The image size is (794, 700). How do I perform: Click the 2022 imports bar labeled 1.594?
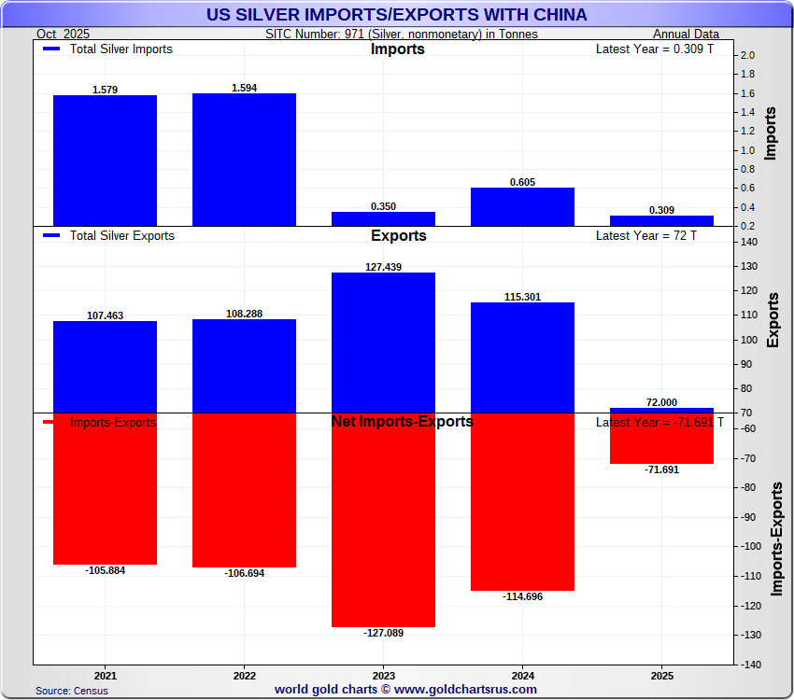244,159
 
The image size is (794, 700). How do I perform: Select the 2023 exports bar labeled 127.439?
383,342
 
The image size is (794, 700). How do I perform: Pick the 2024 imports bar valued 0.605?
522,206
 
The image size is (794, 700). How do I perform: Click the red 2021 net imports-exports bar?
105,488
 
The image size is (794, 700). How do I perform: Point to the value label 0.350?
384,205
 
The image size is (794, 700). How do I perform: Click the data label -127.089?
383,633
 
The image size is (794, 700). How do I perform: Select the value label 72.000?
661,402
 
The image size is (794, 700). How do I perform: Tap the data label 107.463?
106,315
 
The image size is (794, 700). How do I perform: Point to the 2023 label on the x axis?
383,675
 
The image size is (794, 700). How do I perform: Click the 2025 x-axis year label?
661,675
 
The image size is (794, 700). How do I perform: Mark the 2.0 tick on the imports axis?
747,56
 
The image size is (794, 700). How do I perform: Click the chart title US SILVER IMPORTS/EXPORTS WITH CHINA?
396,15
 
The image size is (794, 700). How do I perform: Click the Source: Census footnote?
72,691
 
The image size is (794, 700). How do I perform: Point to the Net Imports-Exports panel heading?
402,422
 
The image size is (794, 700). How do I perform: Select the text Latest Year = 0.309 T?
654,49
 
